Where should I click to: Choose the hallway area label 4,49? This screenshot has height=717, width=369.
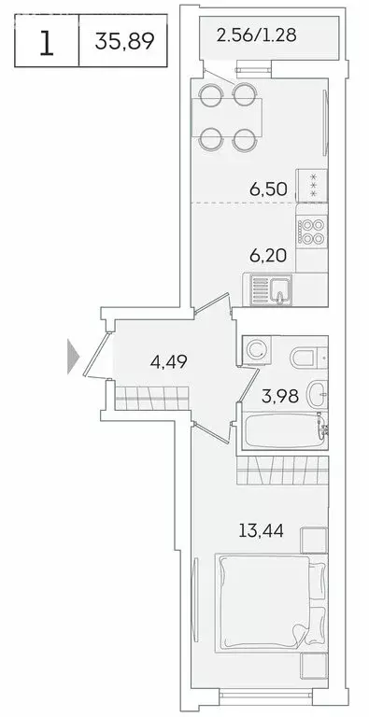[x=172, y=360]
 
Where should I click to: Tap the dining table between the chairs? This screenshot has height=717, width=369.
[x=225, y=117]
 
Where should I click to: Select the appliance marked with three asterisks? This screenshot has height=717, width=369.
[x=311, y=184]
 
